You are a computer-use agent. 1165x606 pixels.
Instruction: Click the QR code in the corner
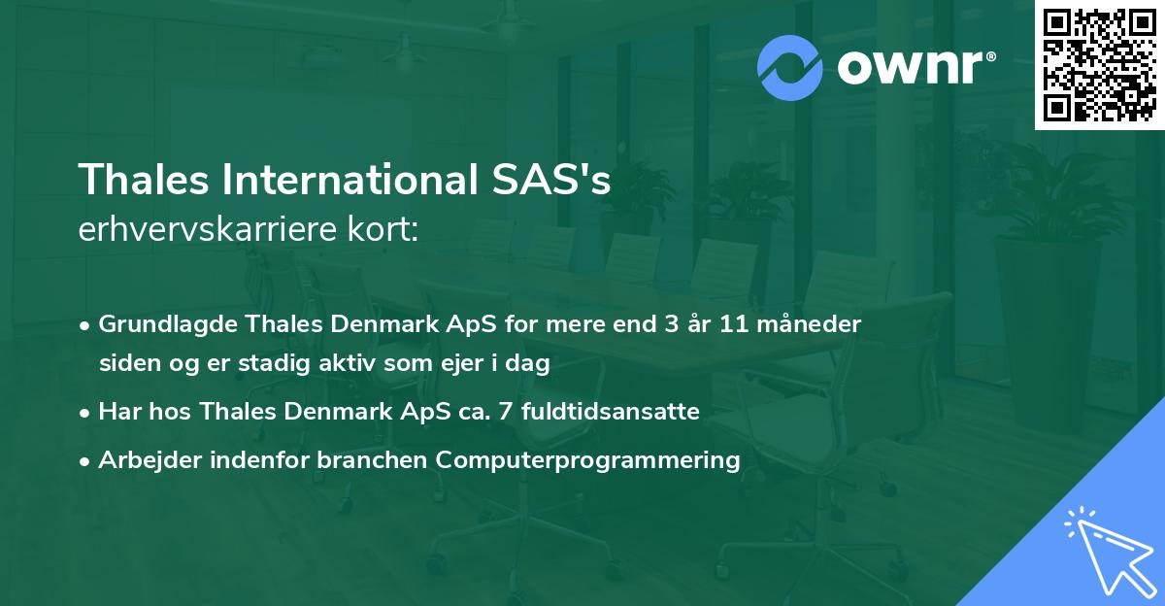coord(1099,65)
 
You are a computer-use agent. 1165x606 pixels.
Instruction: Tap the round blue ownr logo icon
coord(790,68)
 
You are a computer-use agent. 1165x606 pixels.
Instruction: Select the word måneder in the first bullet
coord(811,324)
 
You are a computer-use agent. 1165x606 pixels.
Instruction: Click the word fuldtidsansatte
coord(611,412)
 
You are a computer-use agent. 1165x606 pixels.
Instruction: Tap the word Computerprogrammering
coord(588,460)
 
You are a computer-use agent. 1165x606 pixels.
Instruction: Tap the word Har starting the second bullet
coord(117,412)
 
